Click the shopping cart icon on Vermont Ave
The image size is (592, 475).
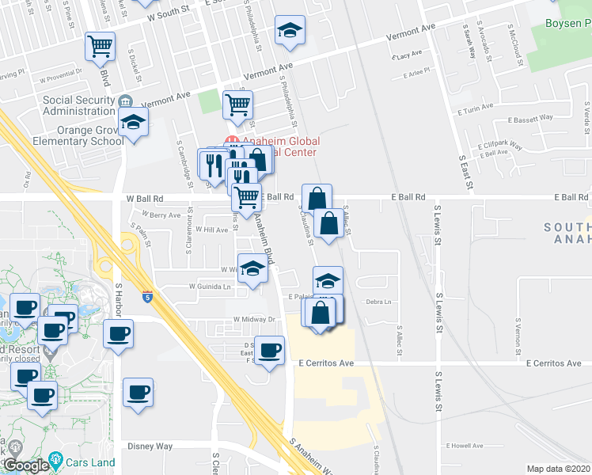[237, 104]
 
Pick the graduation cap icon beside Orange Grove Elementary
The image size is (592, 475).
[133, 123]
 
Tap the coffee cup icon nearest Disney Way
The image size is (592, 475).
[138, 393]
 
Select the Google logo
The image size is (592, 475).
[25, 465]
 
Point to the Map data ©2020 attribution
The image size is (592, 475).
[558, 469]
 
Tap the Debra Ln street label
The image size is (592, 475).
[379, 302]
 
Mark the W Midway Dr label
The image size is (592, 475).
[253, 320]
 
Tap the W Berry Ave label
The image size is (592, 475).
[161, 214]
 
